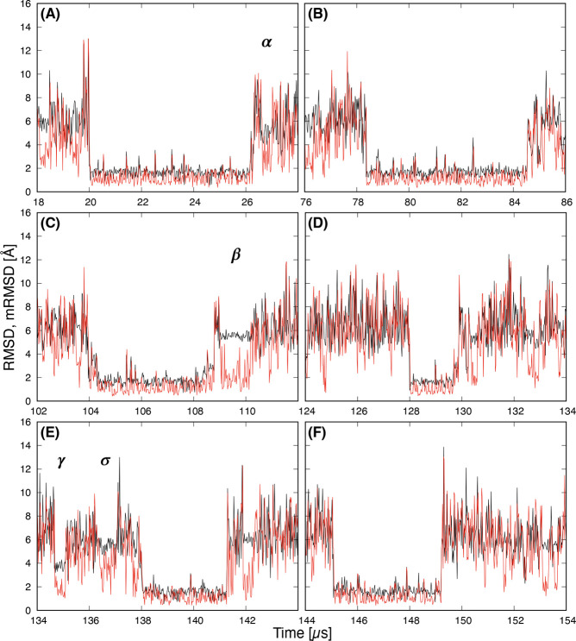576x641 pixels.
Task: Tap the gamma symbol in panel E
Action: pyautogui.click(x=61, y=462)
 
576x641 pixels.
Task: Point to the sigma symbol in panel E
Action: pyautogui.click(x=105, y=462)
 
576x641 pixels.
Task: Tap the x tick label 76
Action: pyautogui.click(x=306, y=201)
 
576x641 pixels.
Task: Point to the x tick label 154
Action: pyautogui.click(x=564, y=620)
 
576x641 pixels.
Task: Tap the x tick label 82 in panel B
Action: pyautogui.click(x=462, y=201)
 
